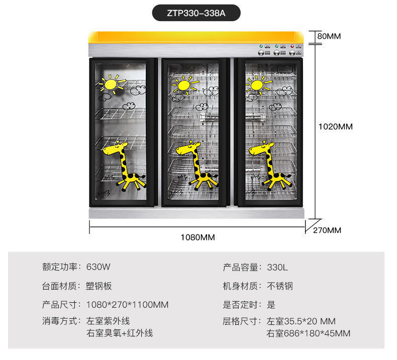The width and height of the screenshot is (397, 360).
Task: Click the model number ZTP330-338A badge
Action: pyautogui.click(x=196, y=13)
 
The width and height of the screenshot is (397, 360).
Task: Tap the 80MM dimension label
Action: pyautogui.click(x=329, y=36)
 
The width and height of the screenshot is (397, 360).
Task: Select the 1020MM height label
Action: pyautogui.click(x=336, y=126)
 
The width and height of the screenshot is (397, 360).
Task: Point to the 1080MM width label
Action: pyautogui.click(x=197, y=237)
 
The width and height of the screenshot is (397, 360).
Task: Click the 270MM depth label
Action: pyautogui.click(x=327, y=230)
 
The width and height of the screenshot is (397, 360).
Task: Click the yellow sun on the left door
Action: pyautogui.click(x=112, y=84)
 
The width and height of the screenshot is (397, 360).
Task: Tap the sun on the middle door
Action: pyautogui.click(x=184, y=85)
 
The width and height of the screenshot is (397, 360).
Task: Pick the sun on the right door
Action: pyautogui.click(x=258, y=85)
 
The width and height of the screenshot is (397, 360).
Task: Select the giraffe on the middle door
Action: pyautogui.click(x=197, y=165)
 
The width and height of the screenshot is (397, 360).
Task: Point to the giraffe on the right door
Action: pyautogui.click(x=270, y=165)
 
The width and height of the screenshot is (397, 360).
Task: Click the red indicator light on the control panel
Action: pyautogui.click(x=292, y=46)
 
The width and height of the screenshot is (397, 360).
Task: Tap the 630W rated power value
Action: pyautogui.click(x=98, y=267)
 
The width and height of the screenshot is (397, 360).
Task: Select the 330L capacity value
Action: pyautogui.click(x=277, y=267)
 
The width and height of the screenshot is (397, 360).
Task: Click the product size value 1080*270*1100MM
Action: pyautogui.click(x=127, y=305)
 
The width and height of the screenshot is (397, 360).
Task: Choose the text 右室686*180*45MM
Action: pyautogui.click(x=309, y=333)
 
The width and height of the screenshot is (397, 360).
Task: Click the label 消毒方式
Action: pyautogui.click(x=59, y=321)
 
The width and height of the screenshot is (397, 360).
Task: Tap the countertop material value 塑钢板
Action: pyautogui.click(x=98, y=286)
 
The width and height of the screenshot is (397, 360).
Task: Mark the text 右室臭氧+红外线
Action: pyautogui.click(x=120, y=333)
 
